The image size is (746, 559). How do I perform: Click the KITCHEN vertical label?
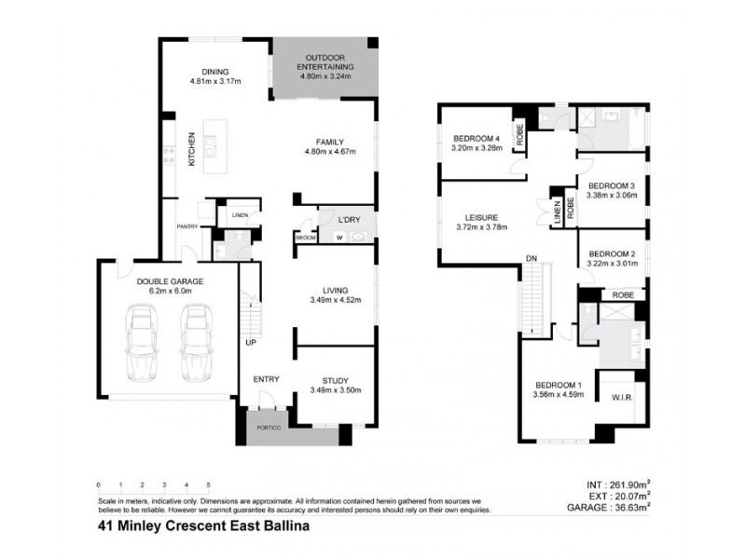click(x=192, y=148)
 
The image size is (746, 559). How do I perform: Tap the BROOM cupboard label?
click(x=306, y=239)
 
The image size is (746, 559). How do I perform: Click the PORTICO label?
click(x=269, y=427)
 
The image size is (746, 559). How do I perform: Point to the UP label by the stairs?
click(x=251, y=343)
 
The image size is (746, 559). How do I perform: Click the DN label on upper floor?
click(x=532, y=258)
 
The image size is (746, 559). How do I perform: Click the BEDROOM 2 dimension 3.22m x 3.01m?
click(x=613, y=264)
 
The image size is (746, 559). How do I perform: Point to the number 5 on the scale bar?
click(x=208, y=485)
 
